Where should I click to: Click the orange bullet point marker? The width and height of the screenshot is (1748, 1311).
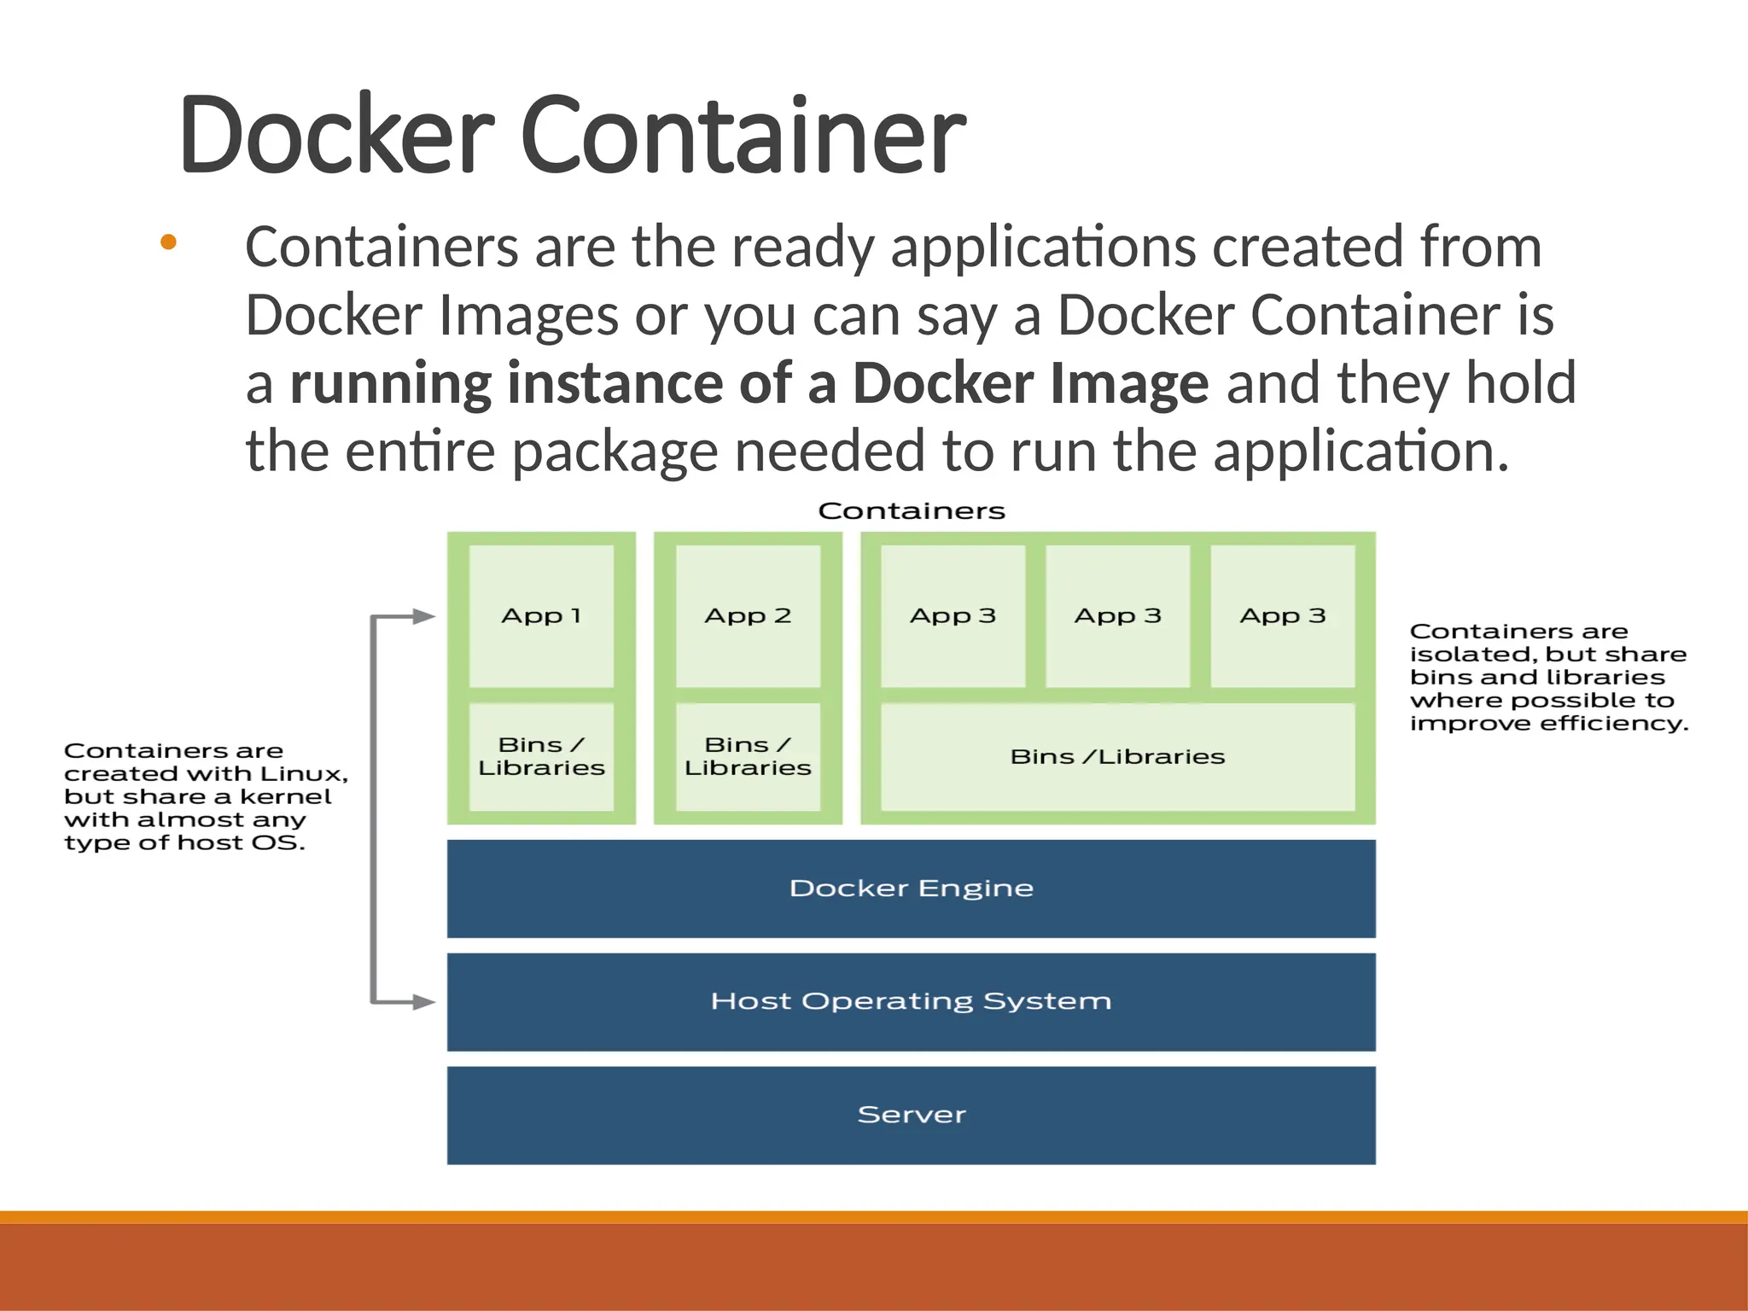click(168, 242)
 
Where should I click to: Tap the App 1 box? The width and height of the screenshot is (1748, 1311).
click(541, 616)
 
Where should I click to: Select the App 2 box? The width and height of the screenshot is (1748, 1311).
click(748, 616)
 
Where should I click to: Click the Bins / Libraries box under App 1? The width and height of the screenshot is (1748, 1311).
click(541, 756)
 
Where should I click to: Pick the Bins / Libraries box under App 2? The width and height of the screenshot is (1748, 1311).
click(748, 756)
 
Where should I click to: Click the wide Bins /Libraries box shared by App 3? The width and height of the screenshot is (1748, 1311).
click(1117, 756)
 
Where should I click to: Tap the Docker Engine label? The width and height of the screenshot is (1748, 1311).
click(911, 889)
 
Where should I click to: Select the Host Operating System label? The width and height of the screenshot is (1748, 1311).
click(911, 1001)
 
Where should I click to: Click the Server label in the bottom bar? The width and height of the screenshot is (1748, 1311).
click(911, 1115)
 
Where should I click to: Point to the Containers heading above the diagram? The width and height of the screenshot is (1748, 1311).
click(911, 511)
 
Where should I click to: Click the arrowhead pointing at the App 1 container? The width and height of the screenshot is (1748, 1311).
click(424, 616)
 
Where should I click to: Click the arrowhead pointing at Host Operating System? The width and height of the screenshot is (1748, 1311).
click(424, 1002)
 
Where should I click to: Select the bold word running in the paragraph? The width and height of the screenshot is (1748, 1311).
click(389, 383)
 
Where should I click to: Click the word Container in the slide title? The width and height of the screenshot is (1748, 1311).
click(743, 135)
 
